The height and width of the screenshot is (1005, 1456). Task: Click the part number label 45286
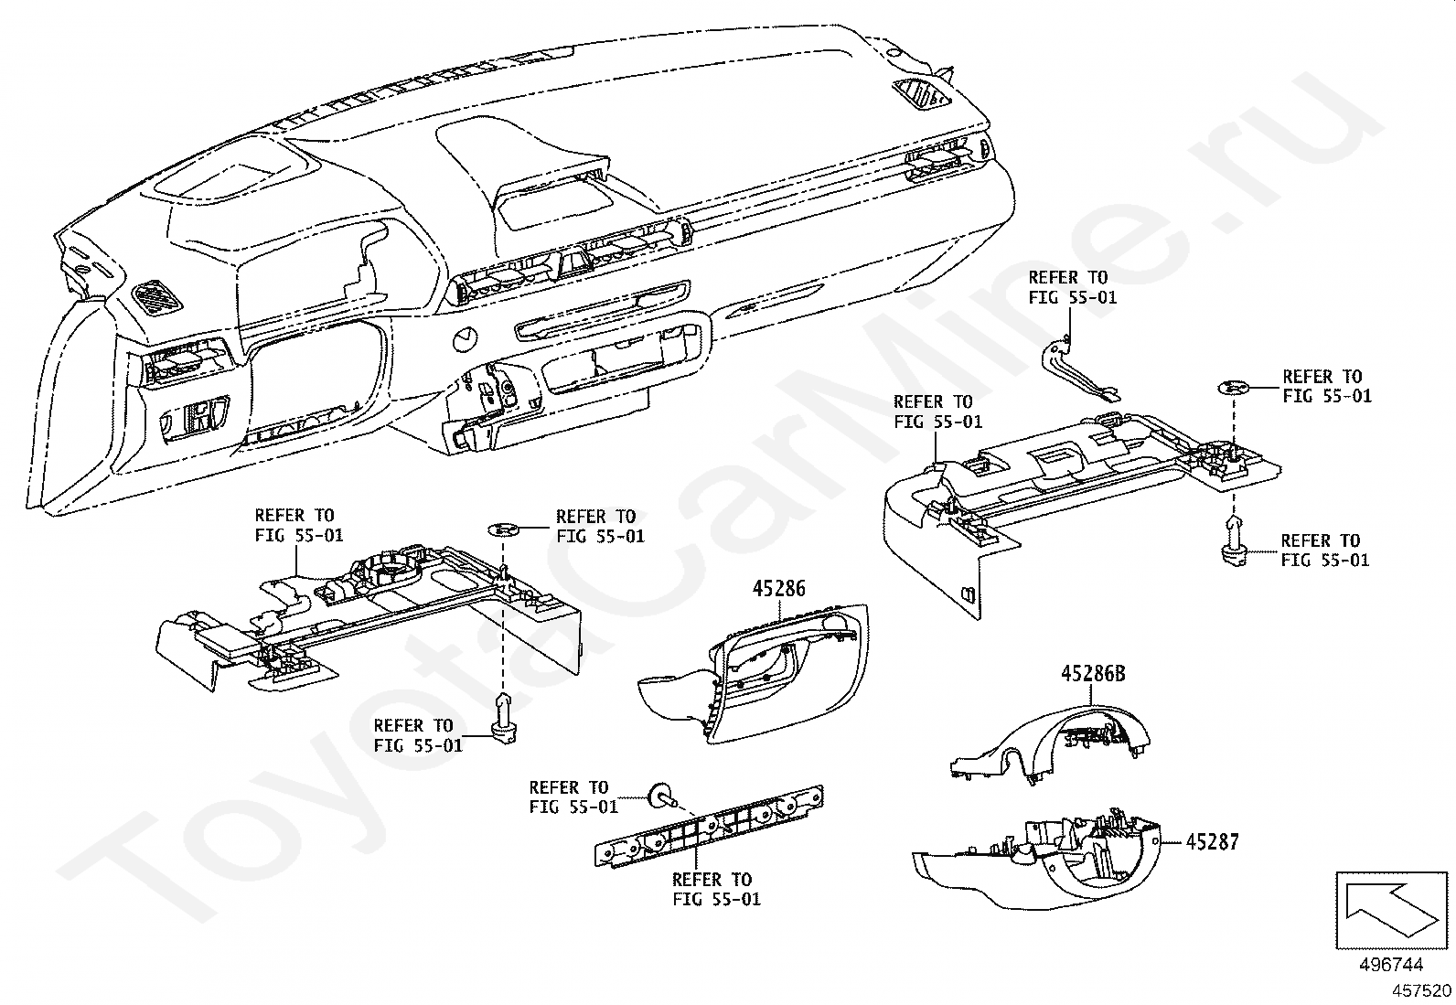778,588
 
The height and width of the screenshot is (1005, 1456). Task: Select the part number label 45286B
1093,673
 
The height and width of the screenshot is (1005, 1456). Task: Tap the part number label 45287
1212,842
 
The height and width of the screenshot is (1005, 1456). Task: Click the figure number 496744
1391,965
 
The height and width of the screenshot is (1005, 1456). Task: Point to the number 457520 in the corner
1421,990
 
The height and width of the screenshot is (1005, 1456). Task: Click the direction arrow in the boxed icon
1390,910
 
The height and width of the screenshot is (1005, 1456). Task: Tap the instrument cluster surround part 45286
754,673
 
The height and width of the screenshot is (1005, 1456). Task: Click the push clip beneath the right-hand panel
1233,539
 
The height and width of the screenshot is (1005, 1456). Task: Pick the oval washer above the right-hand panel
1233,388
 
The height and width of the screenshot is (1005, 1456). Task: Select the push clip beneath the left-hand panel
505,718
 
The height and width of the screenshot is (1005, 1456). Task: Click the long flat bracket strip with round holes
709,827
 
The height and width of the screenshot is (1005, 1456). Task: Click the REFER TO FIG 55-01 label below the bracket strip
715,889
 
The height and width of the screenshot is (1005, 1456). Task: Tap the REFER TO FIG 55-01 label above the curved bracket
1072,287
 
